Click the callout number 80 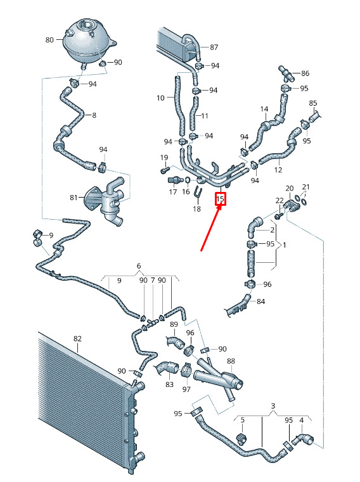[49, 40]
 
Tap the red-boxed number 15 [221, 199]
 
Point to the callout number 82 [77, 339]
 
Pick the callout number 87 [214, 47]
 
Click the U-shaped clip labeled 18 [198, 191]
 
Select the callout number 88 [231, 361]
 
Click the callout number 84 [261, 301]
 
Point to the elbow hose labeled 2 [254, 227]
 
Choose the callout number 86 [305, 73]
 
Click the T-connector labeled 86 [286, 73]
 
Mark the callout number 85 [313, 103]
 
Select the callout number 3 [273, 406]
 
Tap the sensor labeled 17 [174, 180]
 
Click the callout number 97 [186, 389]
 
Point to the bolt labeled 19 [165, 168]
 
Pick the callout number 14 [264, 109]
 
